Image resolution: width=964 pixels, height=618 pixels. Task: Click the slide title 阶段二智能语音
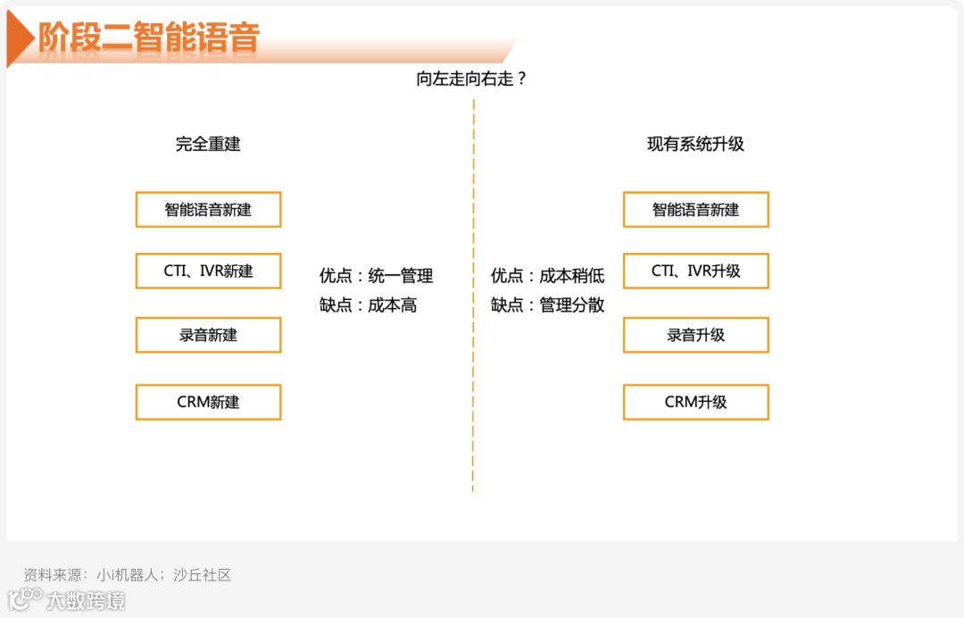coord(148,38)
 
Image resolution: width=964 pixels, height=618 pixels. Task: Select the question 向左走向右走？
coord(472,79)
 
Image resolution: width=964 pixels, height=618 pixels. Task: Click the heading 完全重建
coord(208,144)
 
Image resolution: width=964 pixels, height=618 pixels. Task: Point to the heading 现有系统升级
coord(695,144)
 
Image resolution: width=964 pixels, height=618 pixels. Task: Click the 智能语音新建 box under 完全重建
coord(208,210)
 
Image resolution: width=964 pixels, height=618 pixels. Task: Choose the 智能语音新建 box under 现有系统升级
coord(695,210)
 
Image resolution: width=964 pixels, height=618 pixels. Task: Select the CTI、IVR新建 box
coord(208,271)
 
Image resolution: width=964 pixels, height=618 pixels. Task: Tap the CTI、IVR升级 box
coord(695,271)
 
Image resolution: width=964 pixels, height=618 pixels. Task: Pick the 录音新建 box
coord(208,335)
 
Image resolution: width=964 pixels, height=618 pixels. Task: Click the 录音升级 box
coord(695,335)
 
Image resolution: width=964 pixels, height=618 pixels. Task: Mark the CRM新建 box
coord(208,402)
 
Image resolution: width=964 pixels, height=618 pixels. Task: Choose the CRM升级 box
coord(695,402)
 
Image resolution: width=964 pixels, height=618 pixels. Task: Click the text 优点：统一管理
coord(376,276)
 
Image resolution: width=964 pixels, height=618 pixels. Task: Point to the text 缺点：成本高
coord(368,305)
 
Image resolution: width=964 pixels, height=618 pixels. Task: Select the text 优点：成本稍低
coord(547,276)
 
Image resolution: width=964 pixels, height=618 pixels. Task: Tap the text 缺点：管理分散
coord(547,305)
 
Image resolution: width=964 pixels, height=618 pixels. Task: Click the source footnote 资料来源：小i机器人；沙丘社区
coord(128,575)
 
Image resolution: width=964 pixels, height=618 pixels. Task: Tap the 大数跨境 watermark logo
coord(67,599)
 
